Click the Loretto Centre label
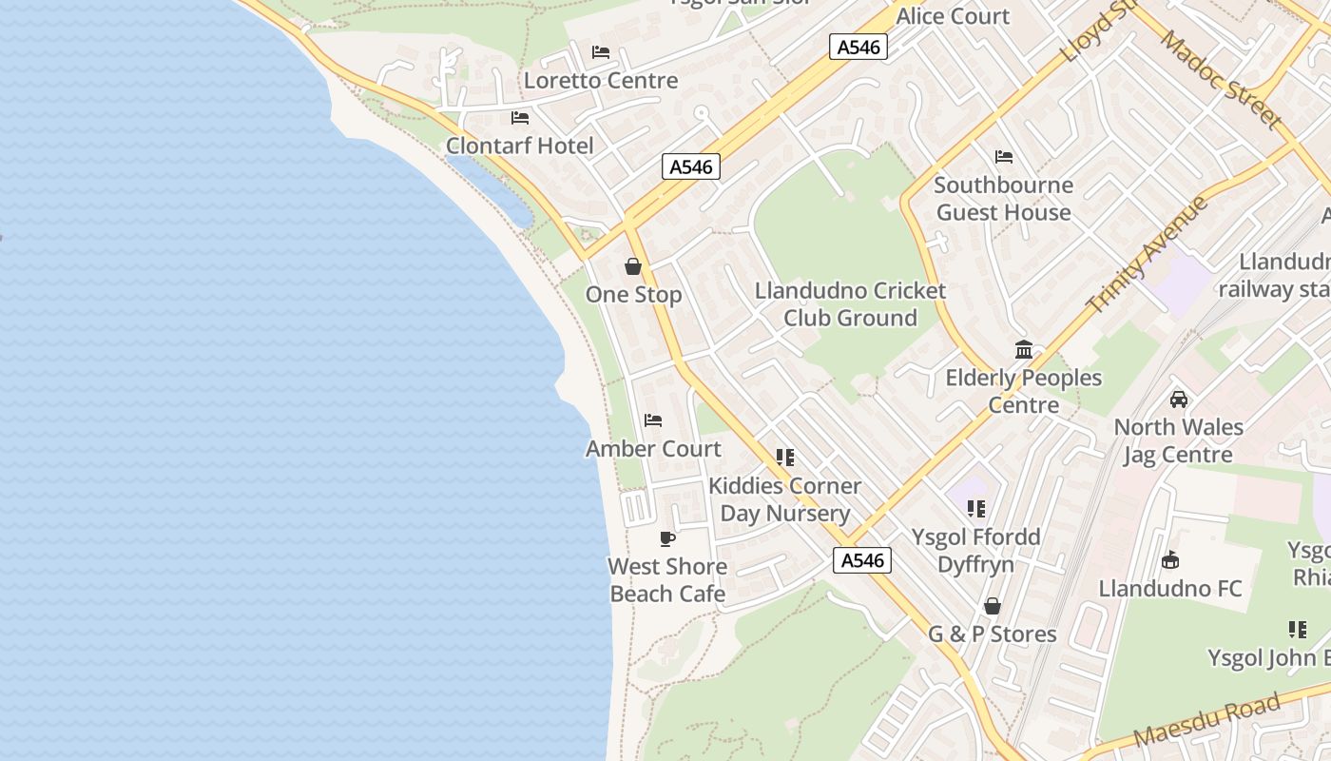coord(601,81)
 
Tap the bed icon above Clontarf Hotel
coord(520,118)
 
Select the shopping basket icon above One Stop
coord(633,266)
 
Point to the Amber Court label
coord(653,449)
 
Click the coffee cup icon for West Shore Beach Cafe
coord(667,539)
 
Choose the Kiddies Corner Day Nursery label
coord(784,499)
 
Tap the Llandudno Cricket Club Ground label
coord(850,304)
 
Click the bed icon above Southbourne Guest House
coord(1004,157)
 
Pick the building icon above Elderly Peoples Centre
coord(1024,350)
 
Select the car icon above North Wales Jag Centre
coord(1179,400)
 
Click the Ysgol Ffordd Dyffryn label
coord(975,551)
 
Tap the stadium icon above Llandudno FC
coord(1170,560)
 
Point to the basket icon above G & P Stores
coord(993,606)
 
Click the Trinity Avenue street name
coord(1147,254)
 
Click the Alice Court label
coord(953,16)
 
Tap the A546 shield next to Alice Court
coord(858,47)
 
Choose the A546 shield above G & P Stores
coord(863,560)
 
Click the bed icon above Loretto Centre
coord(601,52)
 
